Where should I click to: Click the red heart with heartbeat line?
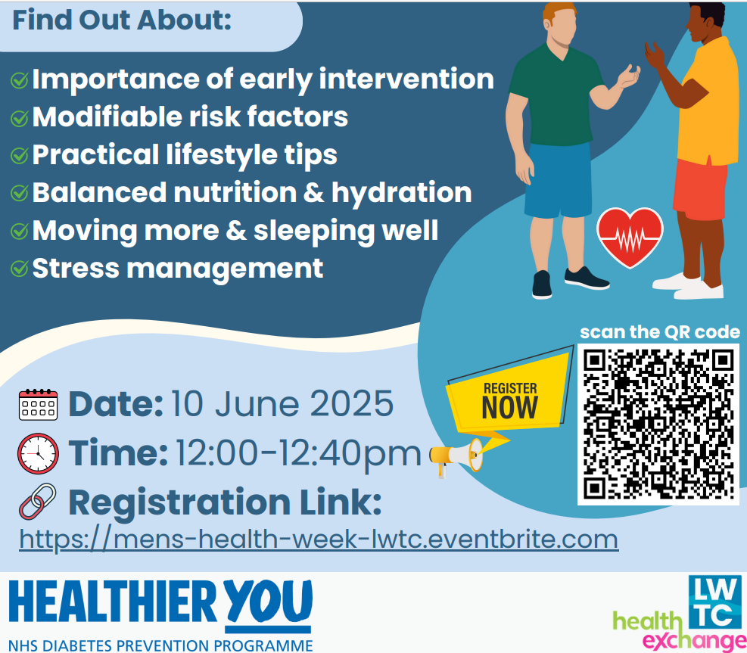point(630,237)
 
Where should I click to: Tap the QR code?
point(658,424)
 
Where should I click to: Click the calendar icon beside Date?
point(38,404)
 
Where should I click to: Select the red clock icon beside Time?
point(38,453)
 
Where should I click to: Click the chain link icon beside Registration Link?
point(38,502)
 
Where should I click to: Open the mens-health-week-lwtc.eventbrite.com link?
point(319,540)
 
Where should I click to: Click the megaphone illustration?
point(456,456)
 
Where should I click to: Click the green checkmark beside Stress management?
point(20,269)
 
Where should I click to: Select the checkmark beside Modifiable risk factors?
point(20,118)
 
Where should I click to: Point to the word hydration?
point(402,193)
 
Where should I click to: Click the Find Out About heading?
point(122,20)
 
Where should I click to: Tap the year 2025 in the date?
point(352,404)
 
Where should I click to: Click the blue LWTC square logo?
point(715,601)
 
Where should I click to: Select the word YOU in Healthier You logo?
point(269,601)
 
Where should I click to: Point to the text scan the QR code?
point(660,332)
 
